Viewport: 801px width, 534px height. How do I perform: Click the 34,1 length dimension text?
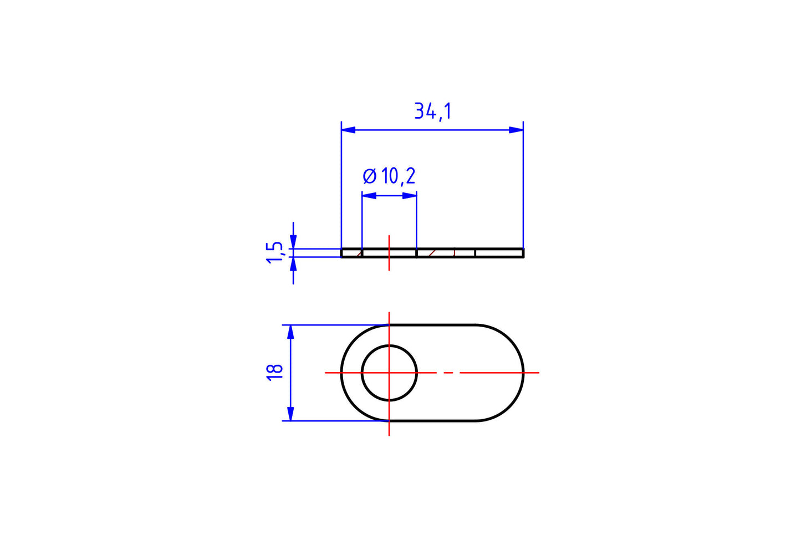tap(432, 111)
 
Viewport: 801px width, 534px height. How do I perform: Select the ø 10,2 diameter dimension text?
tap(389, 176)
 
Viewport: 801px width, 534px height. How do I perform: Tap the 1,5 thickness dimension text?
tap(274, 253)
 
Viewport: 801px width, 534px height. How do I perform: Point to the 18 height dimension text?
tap(275, 372)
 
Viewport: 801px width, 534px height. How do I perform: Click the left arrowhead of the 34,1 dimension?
tap(348, 130)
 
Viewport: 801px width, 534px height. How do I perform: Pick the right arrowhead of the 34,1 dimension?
tap(516, 130)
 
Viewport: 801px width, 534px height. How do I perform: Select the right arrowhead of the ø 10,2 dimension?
tap(410, 196)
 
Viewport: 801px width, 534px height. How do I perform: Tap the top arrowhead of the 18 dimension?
tap(290, 332)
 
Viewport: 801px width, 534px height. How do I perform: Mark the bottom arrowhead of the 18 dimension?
tap(290, 414)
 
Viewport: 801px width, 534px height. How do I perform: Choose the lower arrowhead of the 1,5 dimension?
tap(293, 265)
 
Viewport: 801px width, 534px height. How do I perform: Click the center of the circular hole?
tap(389, 373)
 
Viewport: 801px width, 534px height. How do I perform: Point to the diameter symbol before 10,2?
tap(369, 176)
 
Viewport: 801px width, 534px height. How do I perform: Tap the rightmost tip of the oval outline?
tap(523, 373)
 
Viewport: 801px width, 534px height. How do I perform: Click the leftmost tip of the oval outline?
tap(341, 373)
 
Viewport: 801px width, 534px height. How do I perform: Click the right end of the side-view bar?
tap(523, 253)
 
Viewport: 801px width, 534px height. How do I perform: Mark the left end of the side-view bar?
tap(342, 253)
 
